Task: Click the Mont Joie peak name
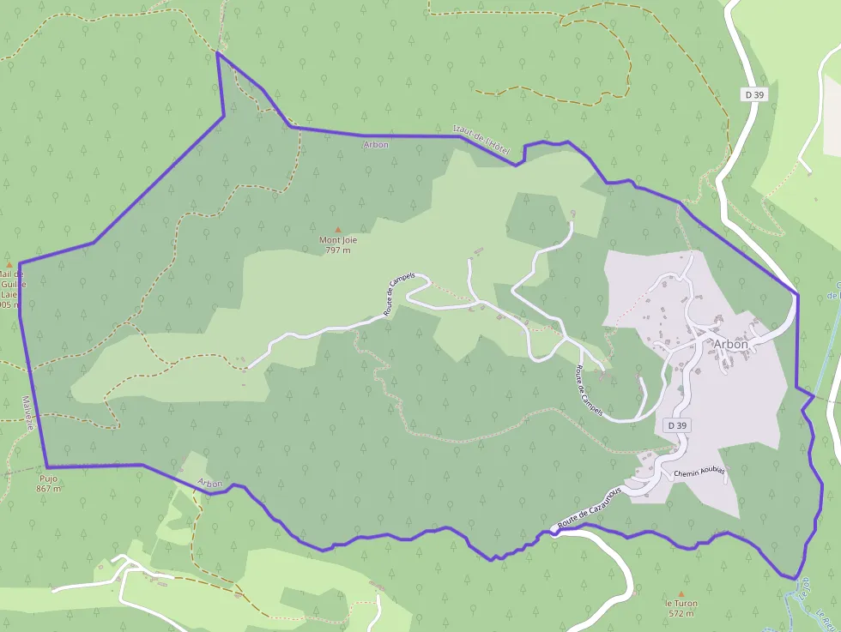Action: point(338,240)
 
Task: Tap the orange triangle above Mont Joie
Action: point(338,229)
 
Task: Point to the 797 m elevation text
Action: point(338,250)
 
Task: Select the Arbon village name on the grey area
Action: point(730,344)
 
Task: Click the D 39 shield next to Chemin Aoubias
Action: point(677,425)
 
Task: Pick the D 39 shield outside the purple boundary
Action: point(754,94)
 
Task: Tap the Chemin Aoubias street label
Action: point(699,472)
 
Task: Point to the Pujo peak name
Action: point(49,479)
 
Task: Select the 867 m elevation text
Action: point(49,489)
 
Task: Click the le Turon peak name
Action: point(681,604)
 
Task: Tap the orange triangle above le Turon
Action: point(681,593)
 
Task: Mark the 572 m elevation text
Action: point(681,614)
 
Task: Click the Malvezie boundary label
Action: point(28,412)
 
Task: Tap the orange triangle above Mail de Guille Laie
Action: point(9,265)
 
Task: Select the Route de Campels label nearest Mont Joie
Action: point(399,296)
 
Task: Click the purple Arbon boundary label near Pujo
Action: point(210,484)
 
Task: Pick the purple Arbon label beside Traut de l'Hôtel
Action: point(376,145)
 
